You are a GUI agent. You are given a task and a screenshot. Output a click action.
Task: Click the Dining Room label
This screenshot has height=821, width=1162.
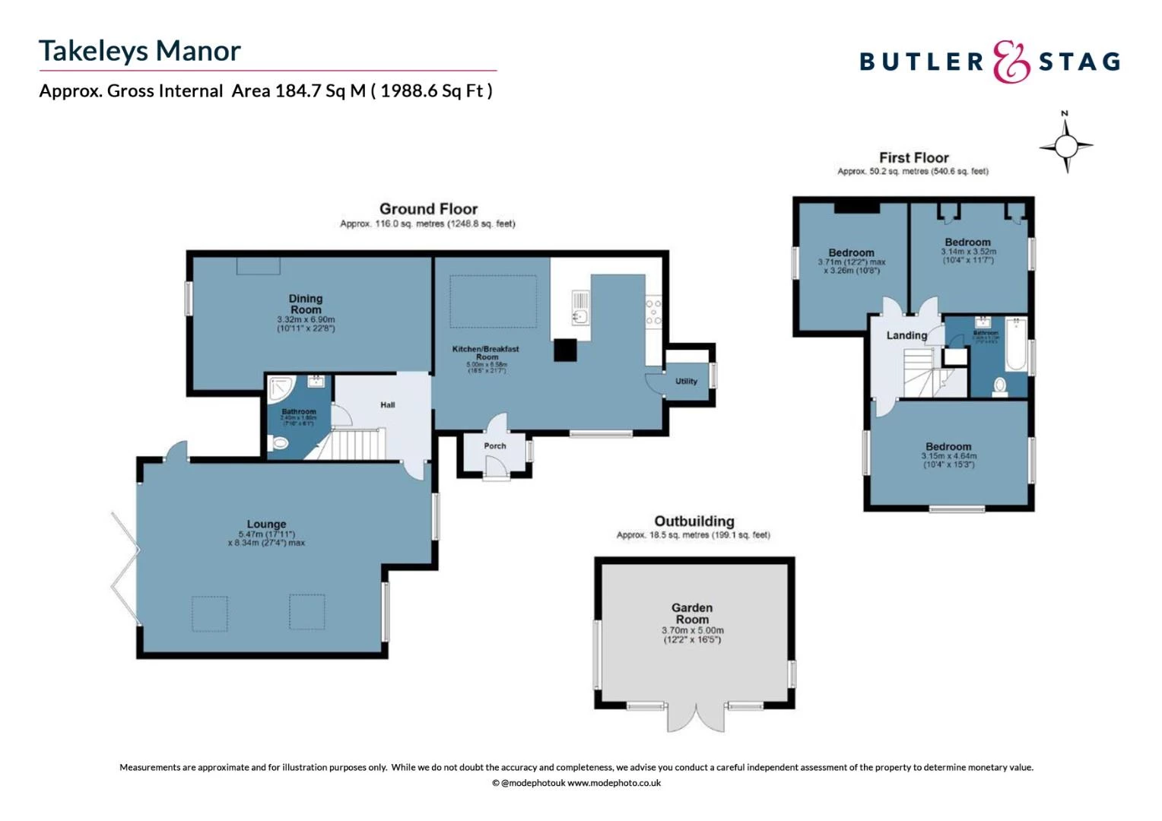pos(306,304)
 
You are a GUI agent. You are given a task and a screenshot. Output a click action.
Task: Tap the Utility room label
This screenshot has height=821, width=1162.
pos(686,382)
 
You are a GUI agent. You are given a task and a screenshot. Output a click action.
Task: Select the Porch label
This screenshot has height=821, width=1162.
pos(495,446)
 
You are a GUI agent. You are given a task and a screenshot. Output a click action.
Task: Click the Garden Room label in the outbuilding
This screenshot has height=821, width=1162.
pos(692,613)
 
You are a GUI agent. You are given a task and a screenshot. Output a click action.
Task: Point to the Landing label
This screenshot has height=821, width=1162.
pos(906,335)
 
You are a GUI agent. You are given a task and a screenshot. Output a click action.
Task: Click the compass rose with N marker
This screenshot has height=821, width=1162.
pos(1066,144)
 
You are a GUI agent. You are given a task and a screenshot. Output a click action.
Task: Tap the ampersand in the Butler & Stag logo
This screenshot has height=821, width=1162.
pos(1011,62)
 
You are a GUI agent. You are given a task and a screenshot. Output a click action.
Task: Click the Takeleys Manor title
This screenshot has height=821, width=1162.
pos(140,51)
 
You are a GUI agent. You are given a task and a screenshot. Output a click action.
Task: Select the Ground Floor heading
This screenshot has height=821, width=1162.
pos(428,209)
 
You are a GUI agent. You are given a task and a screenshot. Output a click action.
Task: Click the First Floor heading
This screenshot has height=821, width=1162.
pos(913,158)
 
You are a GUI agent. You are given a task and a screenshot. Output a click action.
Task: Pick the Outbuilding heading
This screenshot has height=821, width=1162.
pos(694,521)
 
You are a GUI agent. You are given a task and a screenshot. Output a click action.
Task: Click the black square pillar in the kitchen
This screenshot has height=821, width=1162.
pos(565,350)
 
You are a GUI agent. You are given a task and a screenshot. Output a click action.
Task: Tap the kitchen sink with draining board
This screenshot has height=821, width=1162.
pos(580,308)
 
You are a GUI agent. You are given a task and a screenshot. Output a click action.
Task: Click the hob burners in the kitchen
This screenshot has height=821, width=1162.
pos(653,312)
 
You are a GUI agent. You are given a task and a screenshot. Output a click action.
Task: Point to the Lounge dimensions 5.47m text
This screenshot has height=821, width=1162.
pos(266,534)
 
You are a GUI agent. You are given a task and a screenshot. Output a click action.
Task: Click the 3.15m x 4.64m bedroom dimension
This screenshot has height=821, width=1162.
pos(948,456)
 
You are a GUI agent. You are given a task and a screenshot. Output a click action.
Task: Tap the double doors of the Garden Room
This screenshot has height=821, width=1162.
pos(695,718)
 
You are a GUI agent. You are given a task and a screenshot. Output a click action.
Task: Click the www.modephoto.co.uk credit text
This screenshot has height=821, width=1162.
pos(614,783)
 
